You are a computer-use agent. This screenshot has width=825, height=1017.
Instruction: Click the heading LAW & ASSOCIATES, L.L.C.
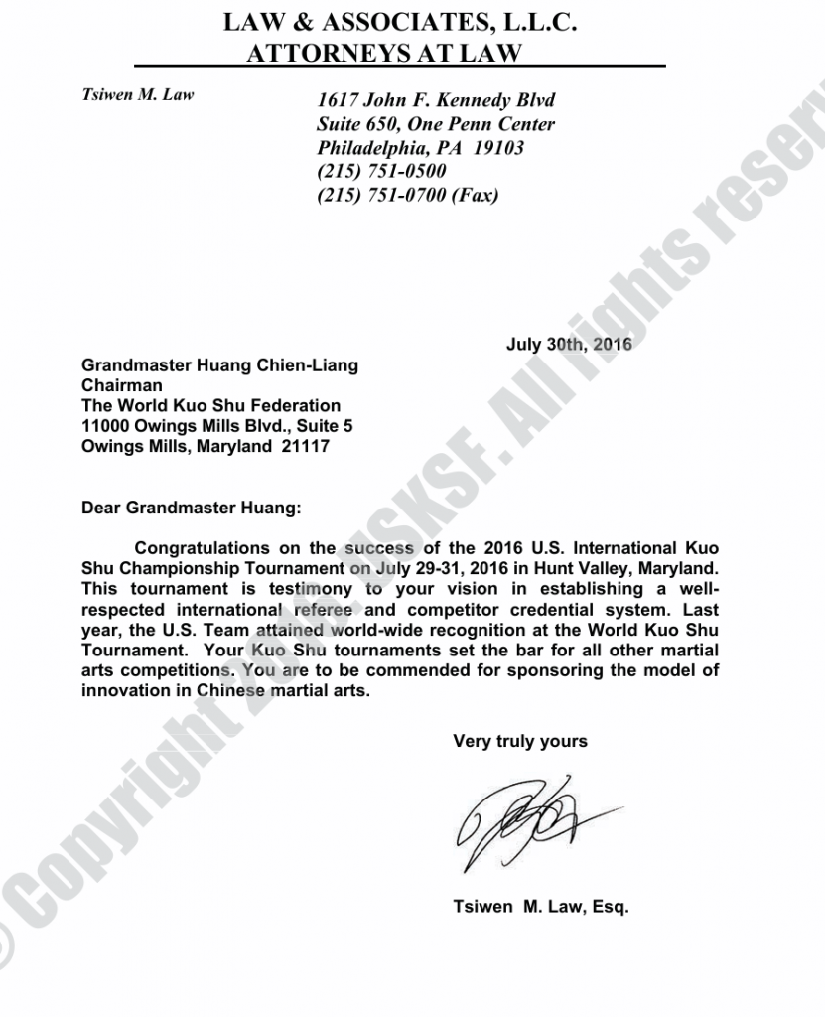pos(400,22)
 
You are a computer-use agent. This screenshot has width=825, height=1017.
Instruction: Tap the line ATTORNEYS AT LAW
pos(382,54)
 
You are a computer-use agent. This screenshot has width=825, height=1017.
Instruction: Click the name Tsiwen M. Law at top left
pos(137,95)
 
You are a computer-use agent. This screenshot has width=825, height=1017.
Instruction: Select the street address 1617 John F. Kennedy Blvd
pos(436,100)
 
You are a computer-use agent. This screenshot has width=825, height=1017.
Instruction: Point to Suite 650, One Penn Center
pos(436,124)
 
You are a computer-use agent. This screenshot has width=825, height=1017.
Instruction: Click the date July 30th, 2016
pos(569,345)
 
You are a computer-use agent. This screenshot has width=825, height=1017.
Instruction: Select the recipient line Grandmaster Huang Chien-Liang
pos(219,365)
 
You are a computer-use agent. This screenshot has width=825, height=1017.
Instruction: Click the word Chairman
pos(122,385)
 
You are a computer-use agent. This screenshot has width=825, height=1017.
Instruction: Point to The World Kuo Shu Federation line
pos(210,405)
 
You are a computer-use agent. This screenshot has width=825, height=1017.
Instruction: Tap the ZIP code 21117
pos(304,446)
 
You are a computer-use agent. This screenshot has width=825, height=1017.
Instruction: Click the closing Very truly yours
pos(520,741)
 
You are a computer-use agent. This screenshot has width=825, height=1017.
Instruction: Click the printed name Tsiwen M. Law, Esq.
pos(541,907)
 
